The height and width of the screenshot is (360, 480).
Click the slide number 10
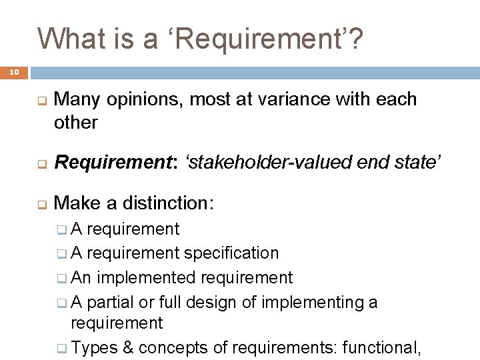point(15,71)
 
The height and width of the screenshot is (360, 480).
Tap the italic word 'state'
point(413,162)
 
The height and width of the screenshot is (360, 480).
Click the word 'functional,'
point(381,347)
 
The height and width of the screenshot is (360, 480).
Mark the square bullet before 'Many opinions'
point(41,103)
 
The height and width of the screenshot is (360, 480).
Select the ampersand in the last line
point(126,347)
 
